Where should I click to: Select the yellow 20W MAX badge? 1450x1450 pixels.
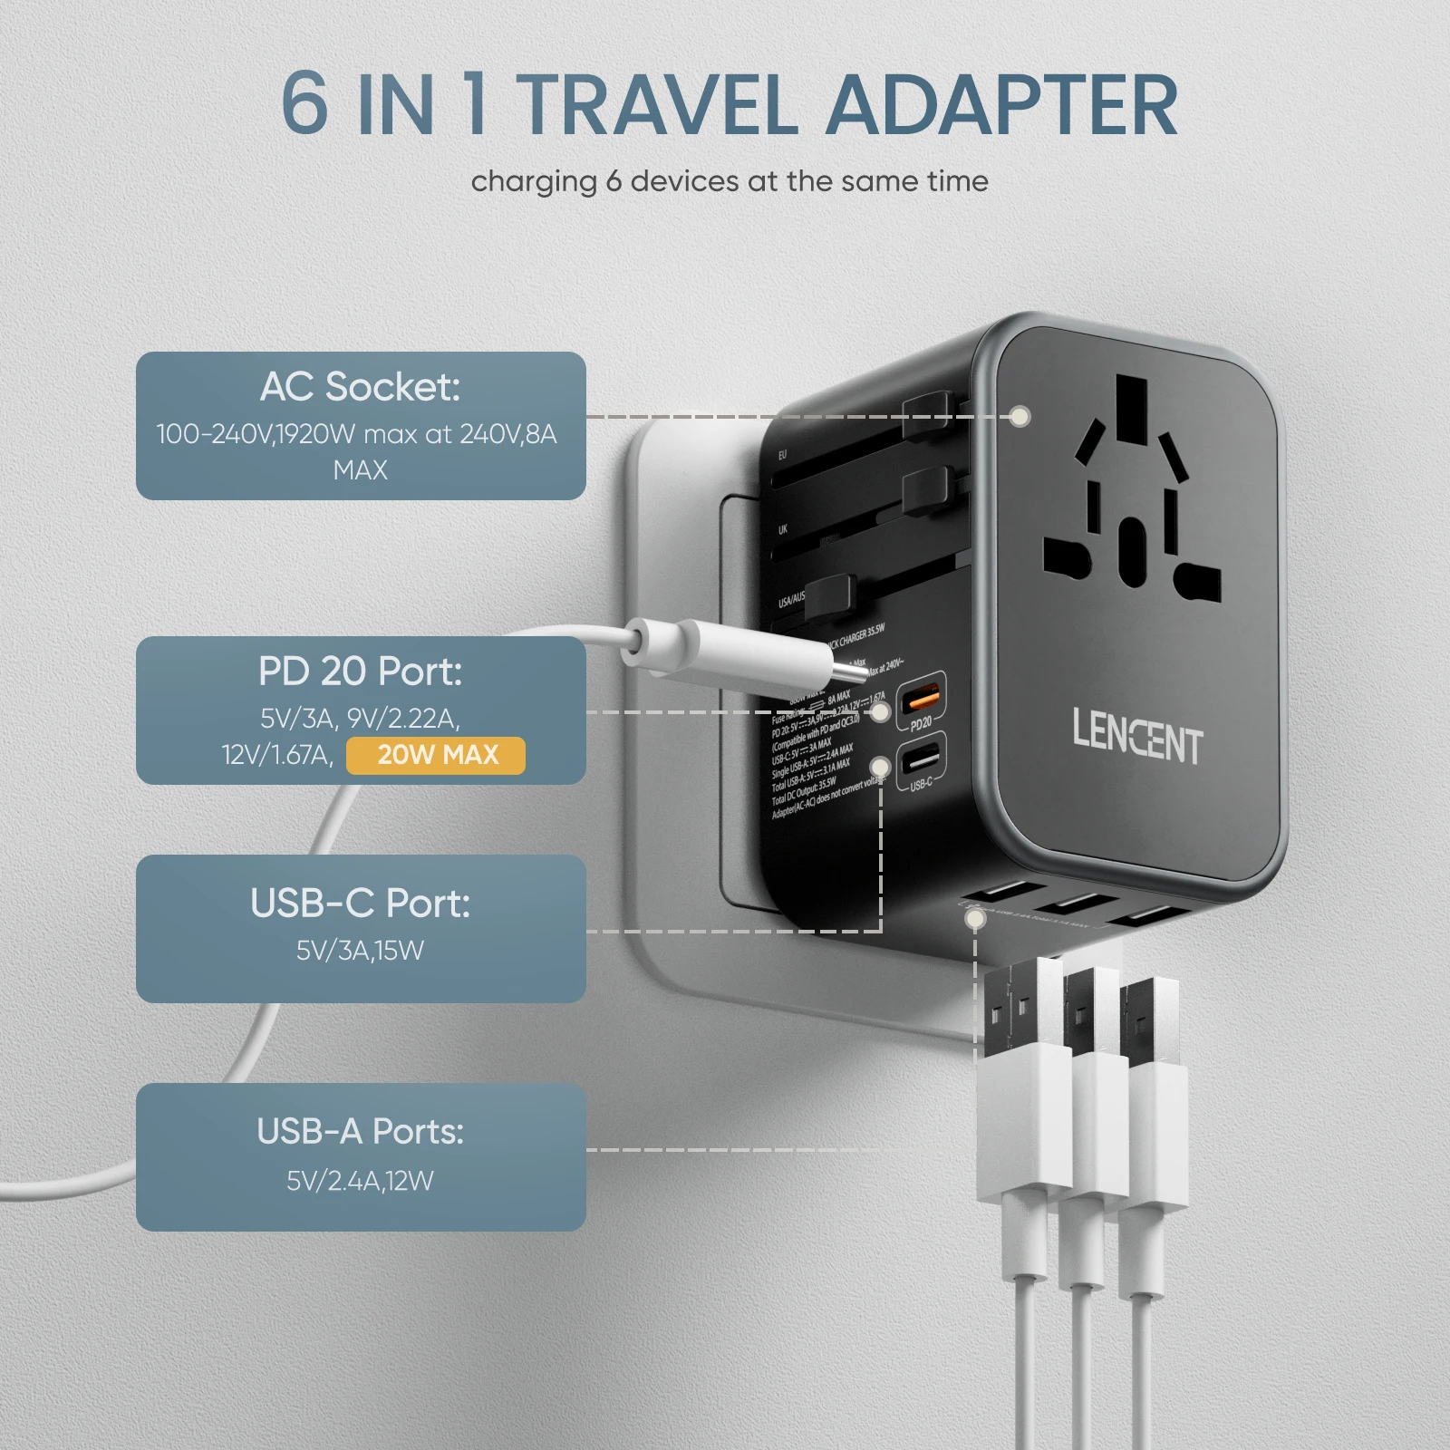(x=436, y=755)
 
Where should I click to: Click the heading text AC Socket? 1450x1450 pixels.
(x=360, y=387)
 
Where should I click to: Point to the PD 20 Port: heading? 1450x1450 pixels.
(x=360, y=672)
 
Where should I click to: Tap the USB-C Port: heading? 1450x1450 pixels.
(x=360, y=904)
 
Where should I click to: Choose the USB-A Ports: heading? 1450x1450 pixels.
(x=360, y=1131)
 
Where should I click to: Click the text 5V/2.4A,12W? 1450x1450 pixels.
(x=360, y=1181)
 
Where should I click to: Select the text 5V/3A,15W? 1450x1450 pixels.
(x=360, y=951)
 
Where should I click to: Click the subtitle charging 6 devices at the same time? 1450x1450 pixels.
(x=730, y=181)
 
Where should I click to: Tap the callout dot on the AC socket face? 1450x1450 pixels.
(x=1020, y=417)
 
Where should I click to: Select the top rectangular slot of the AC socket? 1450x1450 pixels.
(x=1132, y=408)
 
